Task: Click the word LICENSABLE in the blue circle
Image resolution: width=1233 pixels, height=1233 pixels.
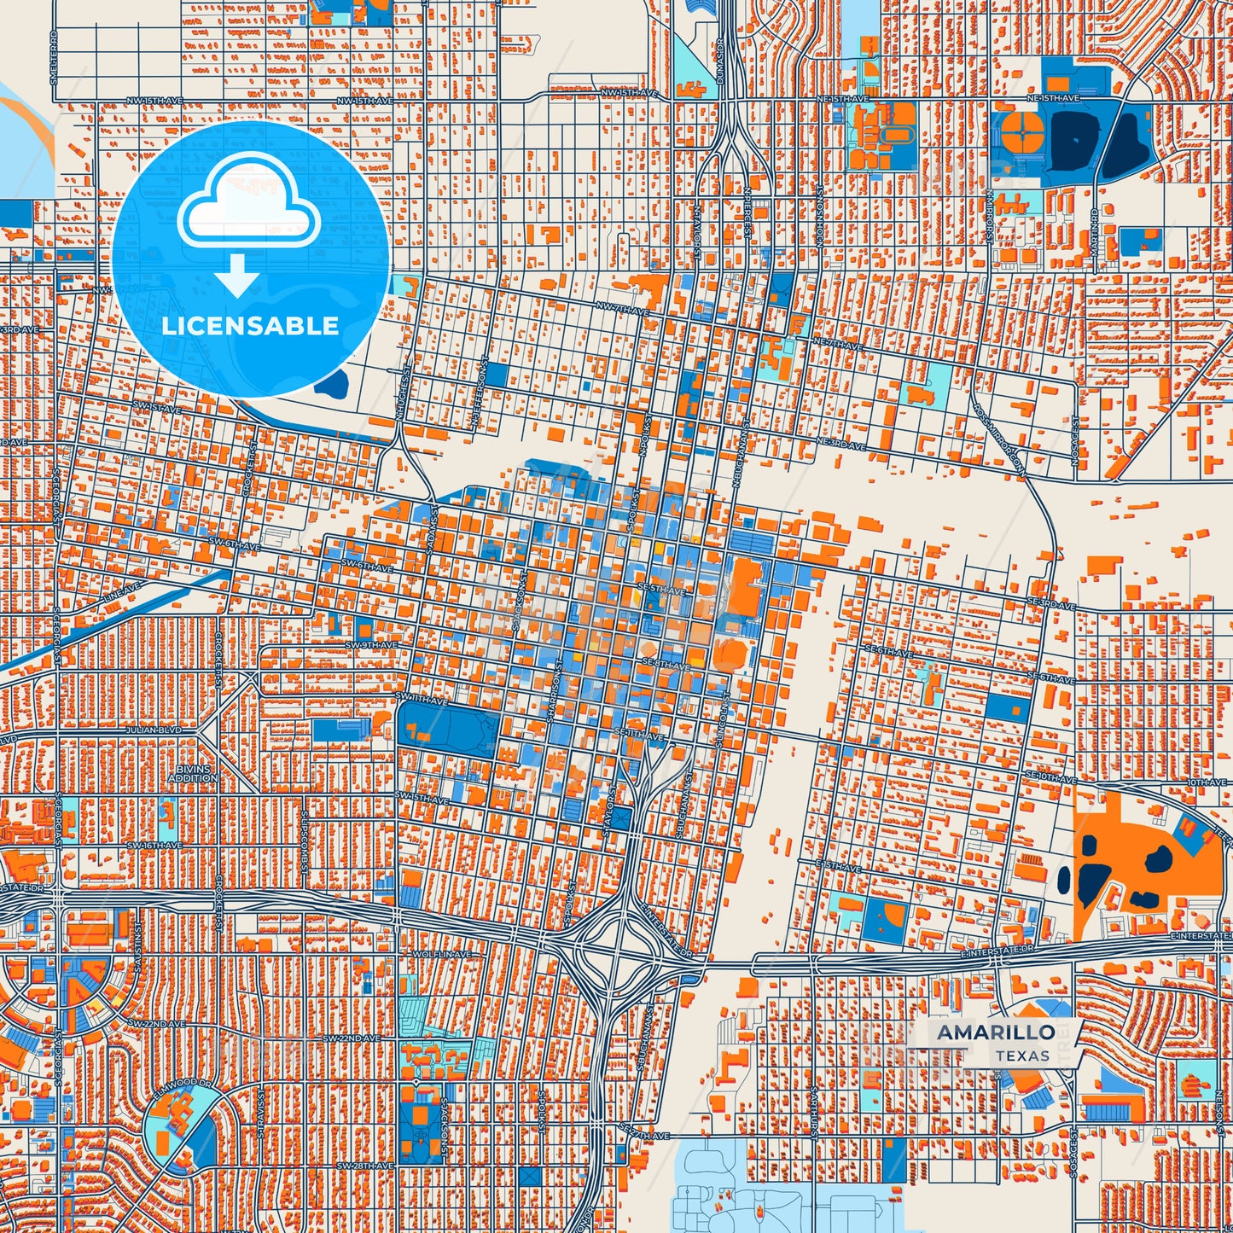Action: coord(250,326)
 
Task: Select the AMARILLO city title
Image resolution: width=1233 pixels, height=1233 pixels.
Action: coord(996,1032)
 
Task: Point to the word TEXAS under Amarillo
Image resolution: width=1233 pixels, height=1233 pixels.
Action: coord(1022,1056)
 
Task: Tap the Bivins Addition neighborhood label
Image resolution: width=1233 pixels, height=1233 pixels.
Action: coord(193,774)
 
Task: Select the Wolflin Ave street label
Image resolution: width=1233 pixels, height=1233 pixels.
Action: coord(442,953)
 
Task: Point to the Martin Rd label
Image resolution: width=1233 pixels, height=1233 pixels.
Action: coord(1095,233)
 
